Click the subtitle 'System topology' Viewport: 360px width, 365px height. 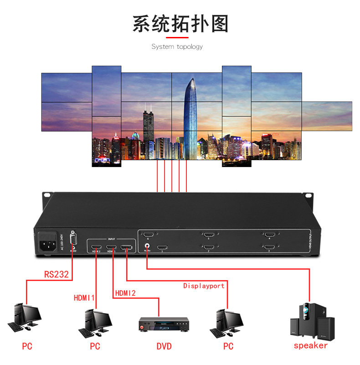tap(177, 47)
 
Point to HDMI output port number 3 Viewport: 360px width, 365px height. tap(269, 247)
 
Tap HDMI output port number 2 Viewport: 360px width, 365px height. tap(209, 247)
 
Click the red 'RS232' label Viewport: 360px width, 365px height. tap(57, 275)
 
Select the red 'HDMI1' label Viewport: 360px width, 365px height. tap(84, 297)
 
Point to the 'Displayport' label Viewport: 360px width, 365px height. tap(204, 286)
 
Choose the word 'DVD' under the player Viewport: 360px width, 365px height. tap(164, 346)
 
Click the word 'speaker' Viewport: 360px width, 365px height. tap(310, 345)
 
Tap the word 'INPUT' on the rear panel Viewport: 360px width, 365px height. tap(112, 238)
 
